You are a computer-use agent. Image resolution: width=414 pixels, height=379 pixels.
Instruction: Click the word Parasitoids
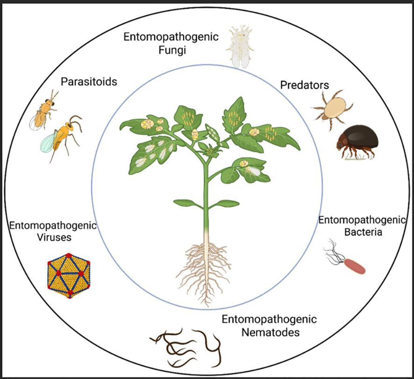[x=89, y=82]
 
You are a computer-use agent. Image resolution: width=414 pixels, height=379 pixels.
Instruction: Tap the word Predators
[x=304, y=85]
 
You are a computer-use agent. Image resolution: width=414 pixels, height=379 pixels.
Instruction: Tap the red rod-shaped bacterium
[x=355, y=265]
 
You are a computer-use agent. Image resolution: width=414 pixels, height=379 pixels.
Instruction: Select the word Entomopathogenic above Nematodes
[x=269, y=320]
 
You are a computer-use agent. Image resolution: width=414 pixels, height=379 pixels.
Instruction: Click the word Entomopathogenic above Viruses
[x=51, y=226]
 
